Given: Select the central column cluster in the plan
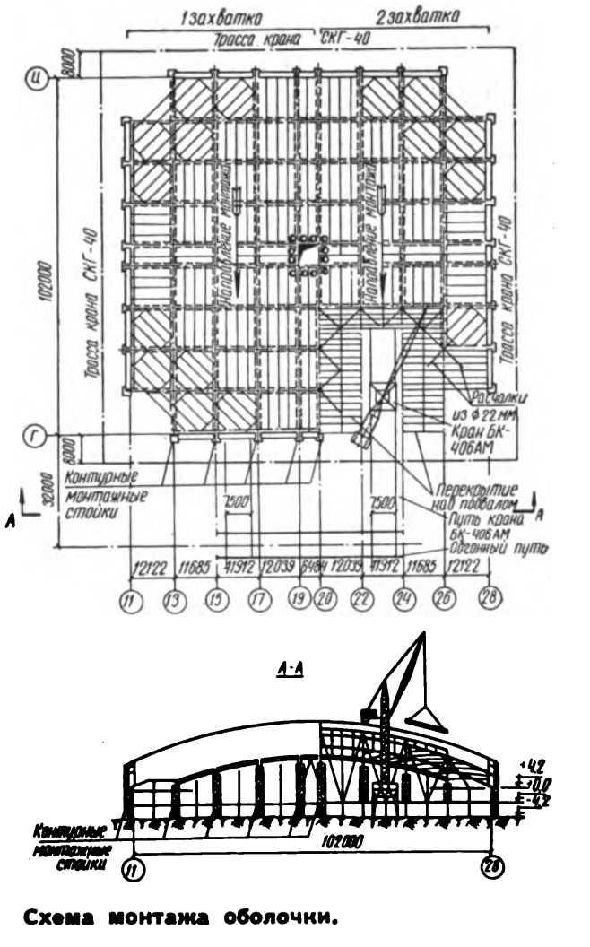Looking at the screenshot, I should (x=308, y=254).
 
